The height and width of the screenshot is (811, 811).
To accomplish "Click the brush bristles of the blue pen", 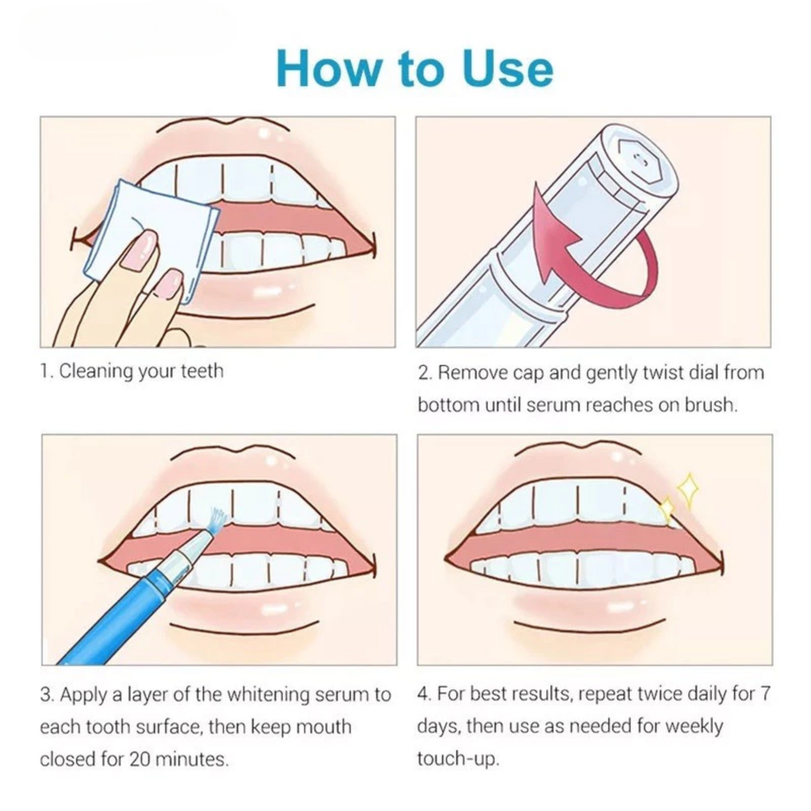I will point(217,519).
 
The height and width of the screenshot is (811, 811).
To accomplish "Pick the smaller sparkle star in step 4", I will point(666,510).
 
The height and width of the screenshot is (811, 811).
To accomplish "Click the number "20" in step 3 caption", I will point(140,759).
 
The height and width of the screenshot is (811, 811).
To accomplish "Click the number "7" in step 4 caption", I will point(765,694).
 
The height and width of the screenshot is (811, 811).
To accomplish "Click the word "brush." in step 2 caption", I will point(711,405).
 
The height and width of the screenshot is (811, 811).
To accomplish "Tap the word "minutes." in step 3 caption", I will point(191,759).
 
